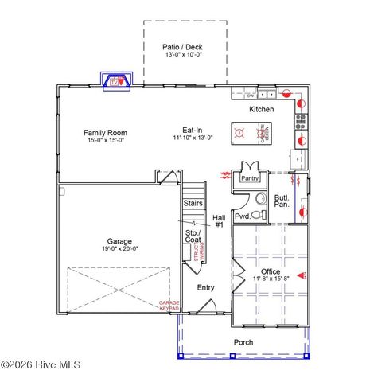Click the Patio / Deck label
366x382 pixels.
point(183,47)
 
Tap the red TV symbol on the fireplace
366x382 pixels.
point(116,81)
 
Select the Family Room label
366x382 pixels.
point(106,133)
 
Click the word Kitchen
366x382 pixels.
point(262,109)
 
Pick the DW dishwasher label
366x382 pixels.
point(251,95)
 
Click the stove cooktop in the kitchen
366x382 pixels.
point(301,122)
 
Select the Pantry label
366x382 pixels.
point(251,178)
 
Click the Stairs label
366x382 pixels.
point(193,204)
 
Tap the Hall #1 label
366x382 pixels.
point(218,221)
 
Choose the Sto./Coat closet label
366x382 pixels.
point(193,236)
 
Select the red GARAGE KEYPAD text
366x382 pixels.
point(169,306)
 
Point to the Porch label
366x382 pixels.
point(243,342)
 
